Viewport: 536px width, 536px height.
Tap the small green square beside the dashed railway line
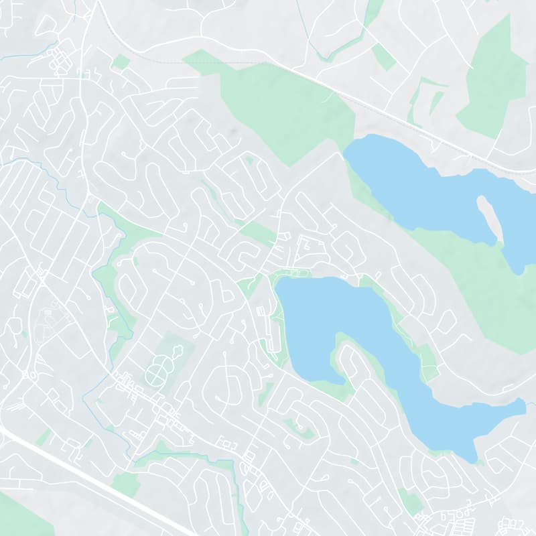coord(121,62)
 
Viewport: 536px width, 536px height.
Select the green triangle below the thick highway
coord(17,516)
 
